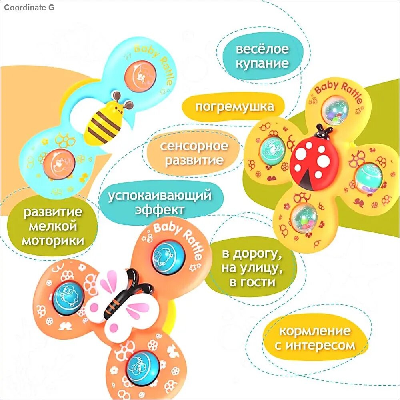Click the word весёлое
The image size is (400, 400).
click(262, 48)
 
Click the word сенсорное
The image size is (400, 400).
click(194, 146)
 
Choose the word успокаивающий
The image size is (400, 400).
click(160, 196)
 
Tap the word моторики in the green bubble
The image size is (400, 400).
click(53, 240)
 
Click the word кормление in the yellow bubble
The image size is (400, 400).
click(315, 331)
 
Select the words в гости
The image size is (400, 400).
click(252, 282)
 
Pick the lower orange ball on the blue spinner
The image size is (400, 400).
click(59, 164)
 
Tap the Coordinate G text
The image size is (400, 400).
click(29, 8)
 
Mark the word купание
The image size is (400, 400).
click(262, 63)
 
